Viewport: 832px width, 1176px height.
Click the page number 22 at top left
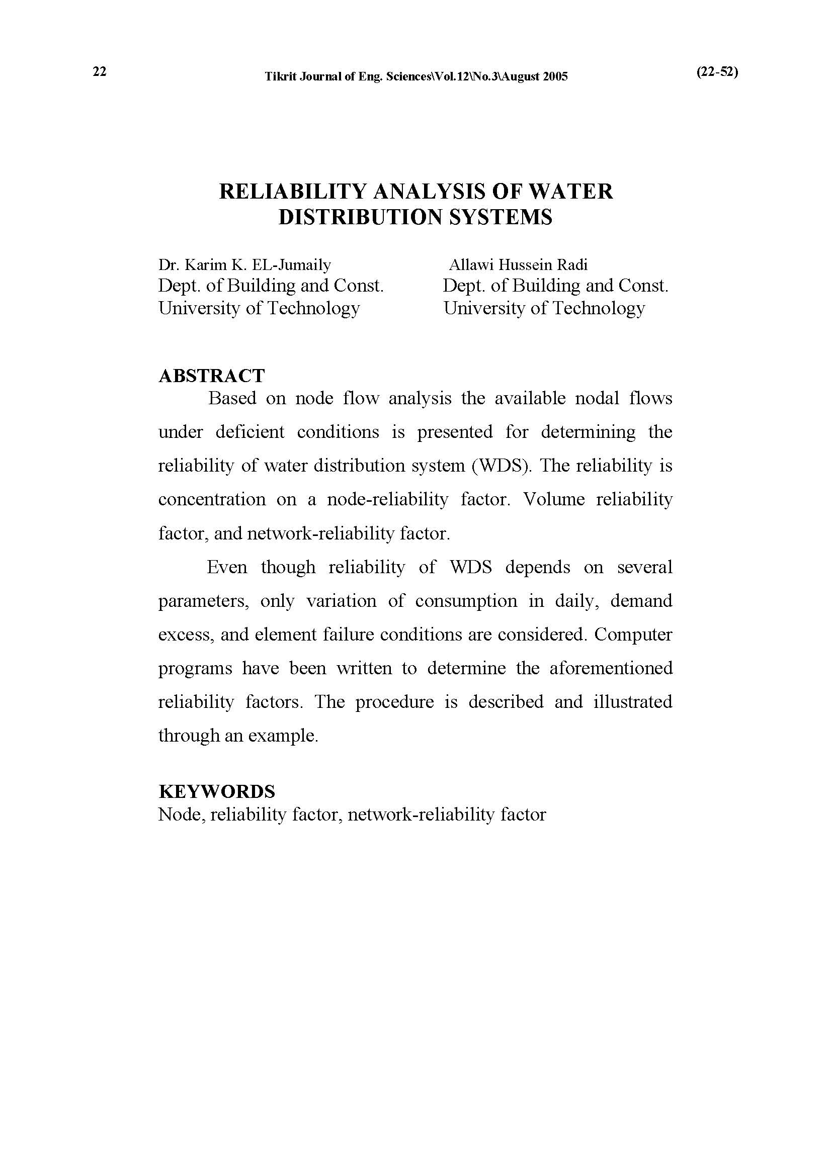pyautogui.click(x=100, y=72)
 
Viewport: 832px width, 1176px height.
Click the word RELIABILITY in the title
pyautogui.click(x=293, y=192)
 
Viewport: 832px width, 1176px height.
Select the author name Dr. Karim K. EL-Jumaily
pyautogui.click(x=244, y=265)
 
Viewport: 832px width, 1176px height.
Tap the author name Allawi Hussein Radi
pyautogui.click(x=518, y=265)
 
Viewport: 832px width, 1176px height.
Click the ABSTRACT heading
pyautogui.click(x=211, y=376)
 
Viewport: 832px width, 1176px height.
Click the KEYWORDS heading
pyautogui.click(x=217, y=791)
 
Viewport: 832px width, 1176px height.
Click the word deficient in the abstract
pyautogui.click(x=249, y=432)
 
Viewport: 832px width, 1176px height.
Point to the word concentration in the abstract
pyautogui.click(x=212, y=499)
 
